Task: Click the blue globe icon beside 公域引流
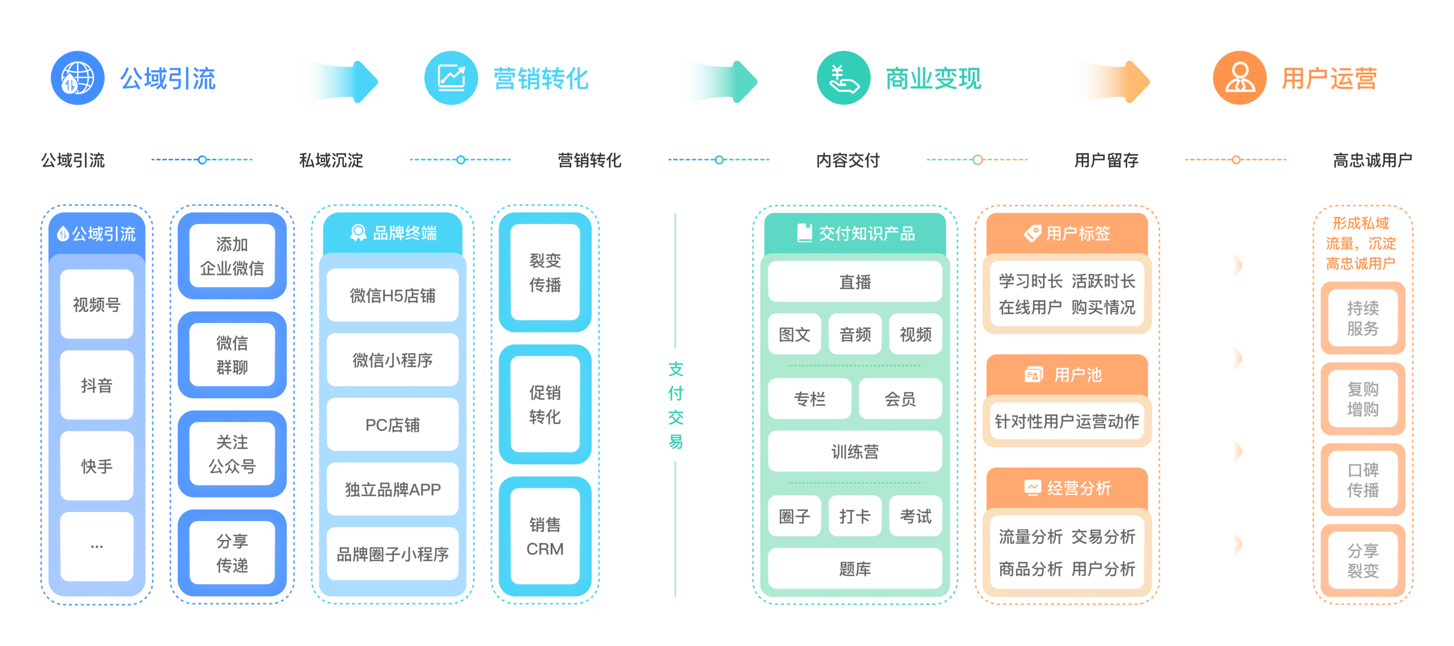(77, 78)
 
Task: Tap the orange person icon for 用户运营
(1239, 78)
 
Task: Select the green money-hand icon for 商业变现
(843, 78)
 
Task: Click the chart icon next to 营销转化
(451, 78)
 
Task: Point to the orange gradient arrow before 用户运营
(1111, 81)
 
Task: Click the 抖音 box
(96, 385)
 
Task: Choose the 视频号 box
(96, 304)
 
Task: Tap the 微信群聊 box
(232, 355)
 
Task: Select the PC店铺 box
(392, 425)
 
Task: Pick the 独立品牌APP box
(392, 489)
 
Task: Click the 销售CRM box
(545, 536)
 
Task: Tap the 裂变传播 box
(545, 272)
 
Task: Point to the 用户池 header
(1067, 375)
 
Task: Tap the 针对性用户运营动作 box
(1067, 421)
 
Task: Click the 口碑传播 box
(1363, 479)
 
